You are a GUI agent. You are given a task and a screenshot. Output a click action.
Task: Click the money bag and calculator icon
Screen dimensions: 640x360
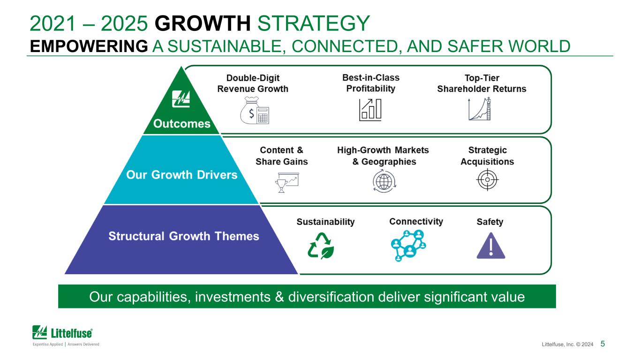(255, 110)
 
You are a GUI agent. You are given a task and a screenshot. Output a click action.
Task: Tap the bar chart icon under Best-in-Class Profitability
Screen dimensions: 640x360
(370, 110)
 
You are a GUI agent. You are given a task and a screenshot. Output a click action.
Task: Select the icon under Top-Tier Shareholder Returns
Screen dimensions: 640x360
(480, 109)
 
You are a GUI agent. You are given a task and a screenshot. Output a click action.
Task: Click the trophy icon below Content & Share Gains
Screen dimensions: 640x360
(287, 182)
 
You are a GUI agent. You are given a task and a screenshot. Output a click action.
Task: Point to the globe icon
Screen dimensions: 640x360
(384, 181)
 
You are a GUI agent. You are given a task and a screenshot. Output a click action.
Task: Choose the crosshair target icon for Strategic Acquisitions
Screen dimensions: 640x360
(488, 180)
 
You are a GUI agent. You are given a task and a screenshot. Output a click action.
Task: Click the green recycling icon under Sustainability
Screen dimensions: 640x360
(321, 246)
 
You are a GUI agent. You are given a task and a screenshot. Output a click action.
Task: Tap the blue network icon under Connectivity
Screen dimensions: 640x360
(408, 246)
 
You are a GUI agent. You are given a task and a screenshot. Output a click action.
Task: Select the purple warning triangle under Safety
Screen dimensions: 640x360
(491, 246)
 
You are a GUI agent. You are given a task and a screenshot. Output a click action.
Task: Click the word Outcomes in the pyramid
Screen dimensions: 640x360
(182, 124)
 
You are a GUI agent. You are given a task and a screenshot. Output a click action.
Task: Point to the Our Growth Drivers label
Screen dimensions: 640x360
(182, 175)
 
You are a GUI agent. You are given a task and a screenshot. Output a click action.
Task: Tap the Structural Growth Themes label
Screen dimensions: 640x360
(184, 236)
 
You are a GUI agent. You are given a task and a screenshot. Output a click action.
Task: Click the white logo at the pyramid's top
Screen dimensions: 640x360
(181, 99)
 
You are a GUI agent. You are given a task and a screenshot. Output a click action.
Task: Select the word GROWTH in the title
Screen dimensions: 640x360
(203, 23)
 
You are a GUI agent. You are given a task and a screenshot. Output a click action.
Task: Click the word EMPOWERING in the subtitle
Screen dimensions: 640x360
(89, 46)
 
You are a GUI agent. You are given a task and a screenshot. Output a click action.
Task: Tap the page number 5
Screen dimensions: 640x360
(602, 344)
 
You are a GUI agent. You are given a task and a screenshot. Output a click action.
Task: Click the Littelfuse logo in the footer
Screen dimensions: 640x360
(66, 336)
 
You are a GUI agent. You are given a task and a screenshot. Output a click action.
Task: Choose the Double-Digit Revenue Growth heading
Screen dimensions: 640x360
(253, 83)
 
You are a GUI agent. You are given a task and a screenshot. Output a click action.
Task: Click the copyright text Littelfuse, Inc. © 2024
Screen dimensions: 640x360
(567, 344)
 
